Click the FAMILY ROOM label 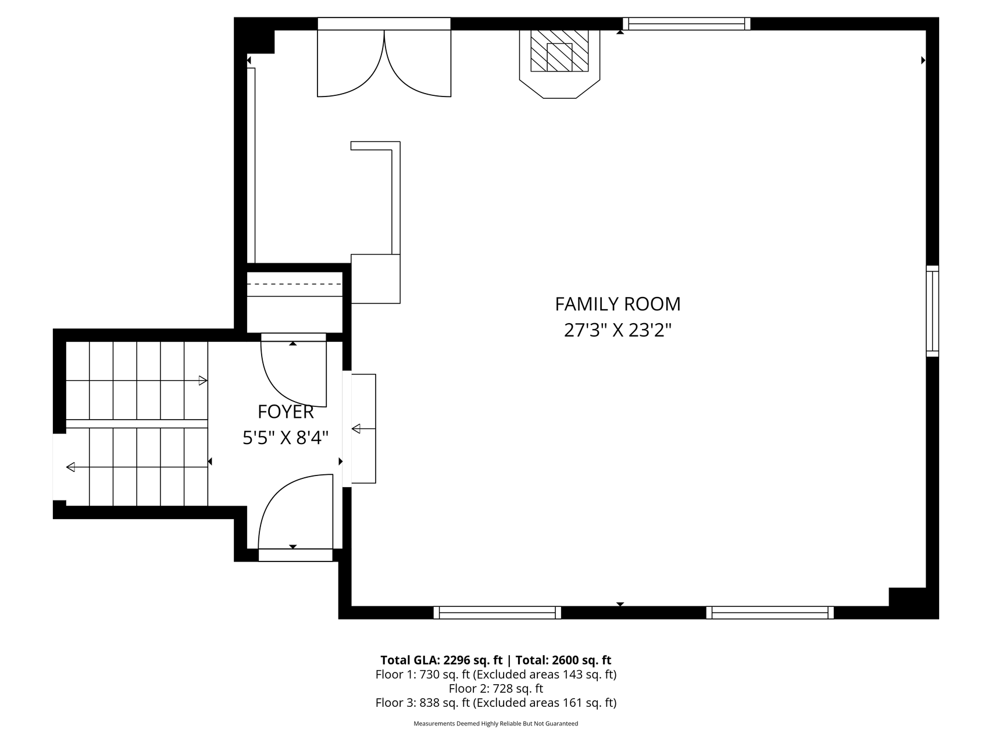click(x=618, y=304)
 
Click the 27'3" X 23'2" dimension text click(x=618, y=330)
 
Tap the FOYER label click(x=286, y=412)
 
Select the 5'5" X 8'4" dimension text click(x=286, y=438)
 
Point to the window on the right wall click(x=932, y=311)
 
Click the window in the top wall click(x=687, y=24)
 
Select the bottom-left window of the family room click(x=497, y=612)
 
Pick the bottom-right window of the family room click(x=770, y=612)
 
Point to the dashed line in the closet click(x=294, y=284)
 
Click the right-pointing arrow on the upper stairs click(x=137, y=381)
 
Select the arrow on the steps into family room click(x=363, y=429)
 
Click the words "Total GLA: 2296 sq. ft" click(x=441, y=660)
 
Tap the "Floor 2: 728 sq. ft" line click(x=496, y=689)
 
